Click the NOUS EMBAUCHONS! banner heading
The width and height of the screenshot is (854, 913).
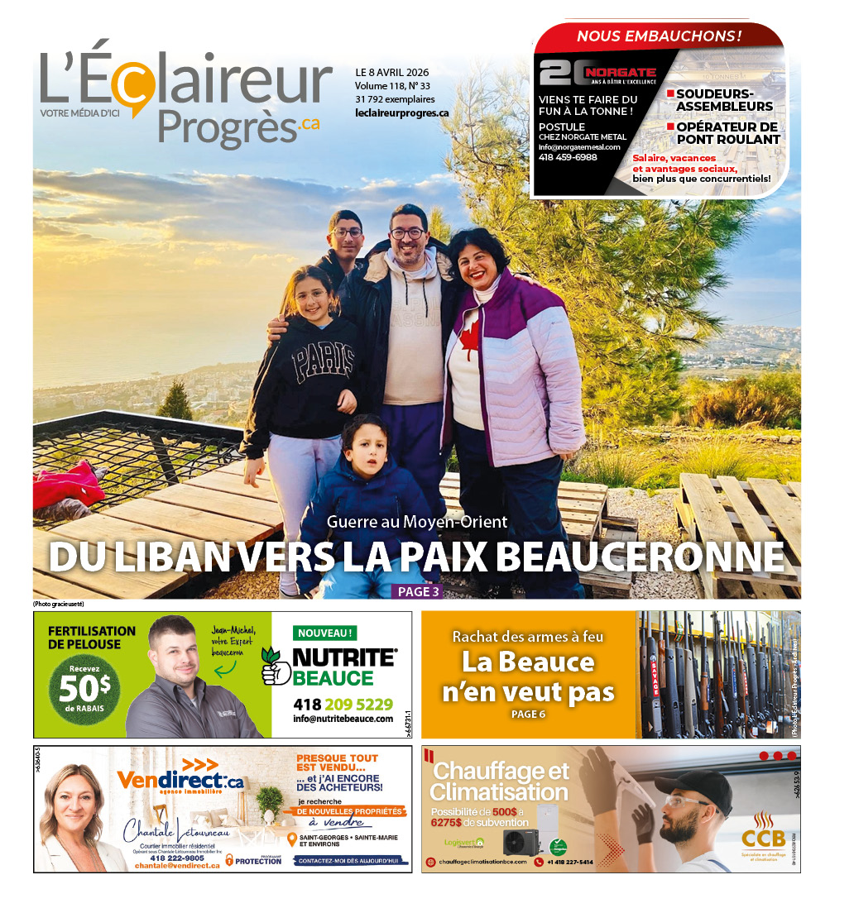click(x=659, y=36)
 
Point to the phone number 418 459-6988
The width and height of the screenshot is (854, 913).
click(x=568, y=157)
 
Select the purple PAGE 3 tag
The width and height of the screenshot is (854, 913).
click(x=418, y=591)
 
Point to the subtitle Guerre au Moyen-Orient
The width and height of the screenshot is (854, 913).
click(x=416, y=522)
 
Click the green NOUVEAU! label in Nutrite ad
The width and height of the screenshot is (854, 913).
click(x=326, y=633)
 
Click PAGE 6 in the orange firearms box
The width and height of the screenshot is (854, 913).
click(x=528, y=714)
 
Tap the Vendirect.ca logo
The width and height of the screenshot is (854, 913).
click(x=180, y=779)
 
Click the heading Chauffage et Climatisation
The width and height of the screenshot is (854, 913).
click(x=500, y=781)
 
